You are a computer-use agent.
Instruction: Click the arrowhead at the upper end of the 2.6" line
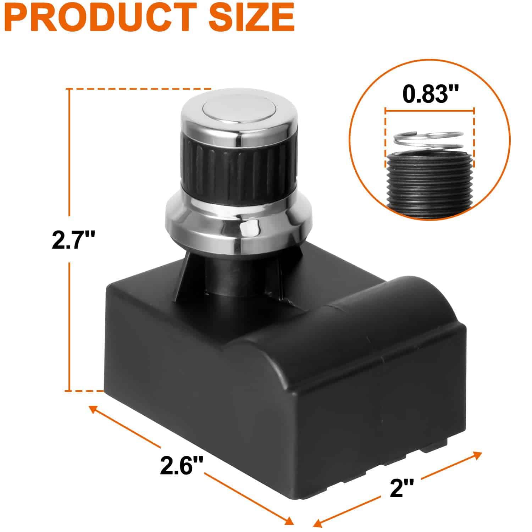pyautogui.click(x=93, y=409)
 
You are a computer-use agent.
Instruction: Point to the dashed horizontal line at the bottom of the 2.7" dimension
pyautogui.click(x=85, y=391)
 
